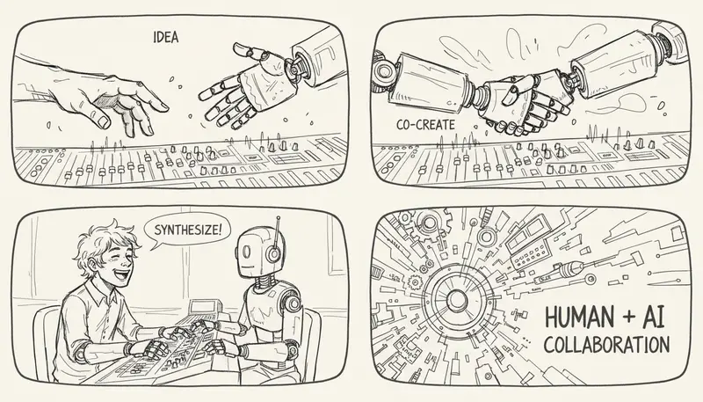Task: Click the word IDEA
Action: tap(166, 37)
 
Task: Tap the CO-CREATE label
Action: tap(425, 125)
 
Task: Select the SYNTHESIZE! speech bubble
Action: tap(186, 230)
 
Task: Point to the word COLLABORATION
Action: tap(606, 345)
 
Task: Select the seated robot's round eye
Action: tap(246, 252)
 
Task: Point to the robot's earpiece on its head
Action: tap(273, 254)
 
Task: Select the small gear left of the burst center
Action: tap(416, 281)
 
